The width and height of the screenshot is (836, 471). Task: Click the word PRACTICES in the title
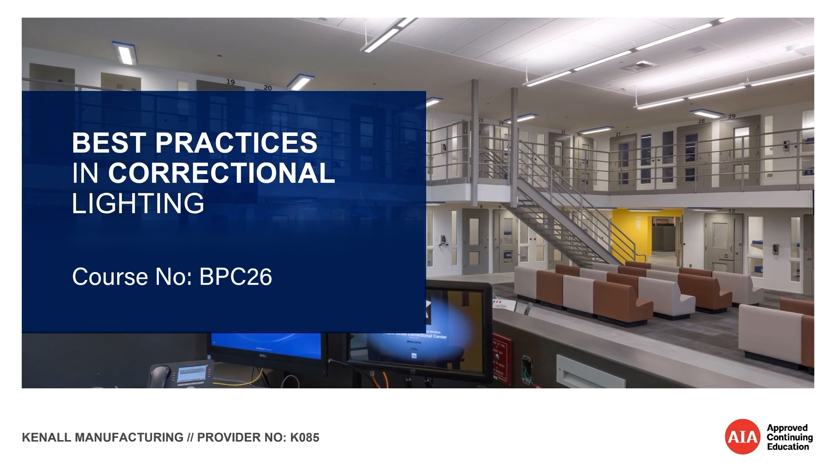236,143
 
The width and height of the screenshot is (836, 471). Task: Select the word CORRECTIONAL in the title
221,173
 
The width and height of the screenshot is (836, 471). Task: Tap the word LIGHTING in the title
138,204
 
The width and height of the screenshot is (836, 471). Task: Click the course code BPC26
235,277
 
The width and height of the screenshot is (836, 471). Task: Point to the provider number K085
304,437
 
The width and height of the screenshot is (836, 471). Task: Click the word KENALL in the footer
47,437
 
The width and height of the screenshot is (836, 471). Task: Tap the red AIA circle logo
742,437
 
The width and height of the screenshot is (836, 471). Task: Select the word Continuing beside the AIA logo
789,437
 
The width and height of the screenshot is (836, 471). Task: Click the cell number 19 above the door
230,82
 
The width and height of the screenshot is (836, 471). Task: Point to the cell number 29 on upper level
731,116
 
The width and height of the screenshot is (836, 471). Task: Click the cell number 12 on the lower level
731,211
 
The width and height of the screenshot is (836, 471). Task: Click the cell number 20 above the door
267,88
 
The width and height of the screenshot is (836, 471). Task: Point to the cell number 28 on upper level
701,121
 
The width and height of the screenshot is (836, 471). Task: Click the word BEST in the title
109,143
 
